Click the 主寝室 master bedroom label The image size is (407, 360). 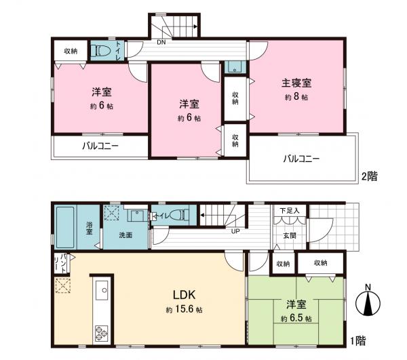[x=296, y=84]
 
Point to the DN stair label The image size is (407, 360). [x=160, y=42]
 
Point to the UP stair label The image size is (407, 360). [x=235, y=232]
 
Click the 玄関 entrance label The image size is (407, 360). [x=290, y=236]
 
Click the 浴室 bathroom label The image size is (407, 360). [x=89, y=227]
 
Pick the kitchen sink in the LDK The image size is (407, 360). [x=104, y=292]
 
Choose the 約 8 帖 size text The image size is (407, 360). [x=296, y=98]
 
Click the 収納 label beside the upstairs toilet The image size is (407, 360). [x=71, y=51]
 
